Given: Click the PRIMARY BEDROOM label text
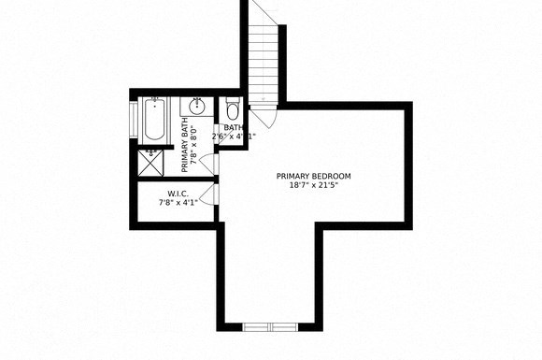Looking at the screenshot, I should click(314, 176).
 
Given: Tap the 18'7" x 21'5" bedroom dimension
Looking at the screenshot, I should click(314, 185).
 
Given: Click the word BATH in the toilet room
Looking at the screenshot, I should click(234, 128).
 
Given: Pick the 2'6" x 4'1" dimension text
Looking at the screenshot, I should click(235, 137).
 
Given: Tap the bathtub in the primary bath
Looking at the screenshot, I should click(154, 120).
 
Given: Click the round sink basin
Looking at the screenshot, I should click(199, 105).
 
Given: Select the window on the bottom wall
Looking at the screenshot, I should click(269, 325).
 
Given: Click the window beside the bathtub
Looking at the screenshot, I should click(134, 120).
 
